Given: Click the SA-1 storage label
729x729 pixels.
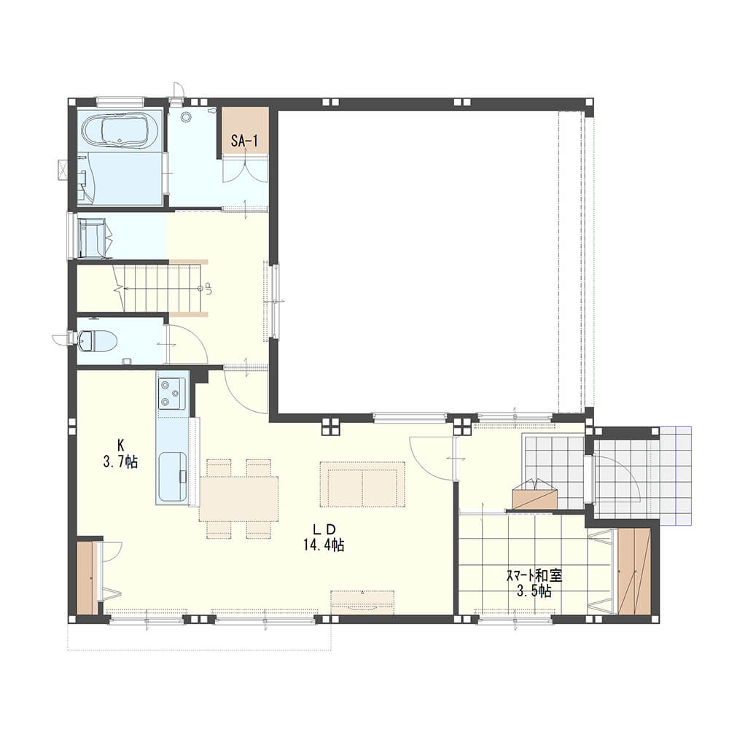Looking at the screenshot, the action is (x=244, y=141).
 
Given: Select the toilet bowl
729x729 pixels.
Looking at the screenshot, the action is (x=97, y=340).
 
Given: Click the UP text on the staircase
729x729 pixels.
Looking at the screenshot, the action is (x=208, y=289).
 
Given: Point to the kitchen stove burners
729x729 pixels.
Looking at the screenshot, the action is (x=171, y=394).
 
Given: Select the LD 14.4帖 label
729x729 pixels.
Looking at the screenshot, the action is (x=324, y=537).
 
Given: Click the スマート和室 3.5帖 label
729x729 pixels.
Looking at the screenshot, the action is (x=534, y=583).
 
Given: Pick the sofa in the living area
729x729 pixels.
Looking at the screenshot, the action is (x=362, y=484).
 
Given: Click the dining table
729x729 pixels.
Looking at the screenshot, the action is (x=238, y=499).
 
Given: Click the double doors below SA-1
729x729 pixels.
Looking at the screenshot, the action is (x=244, y=169).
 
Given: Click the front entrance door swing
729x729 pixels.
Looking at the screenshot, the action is (x=617, y=479).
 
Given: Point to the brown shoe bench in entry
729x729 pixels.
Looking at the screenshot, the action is (x=535, y=494).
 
